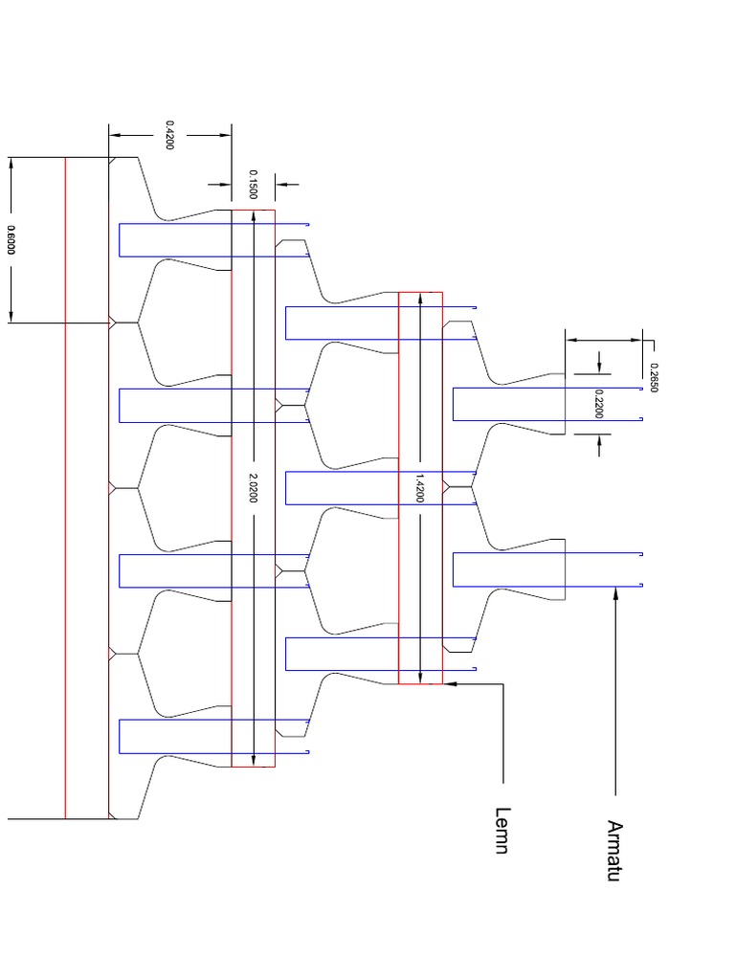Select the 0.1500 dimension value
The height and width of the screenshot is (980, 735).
click(253, 185)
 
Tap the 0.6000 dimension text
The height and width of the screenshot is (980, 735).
click(11, 239)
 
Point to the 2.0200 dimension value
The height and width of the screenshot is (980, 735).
click(253, 487)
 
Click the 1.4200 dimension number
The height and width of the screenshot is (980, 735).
click(420, 487)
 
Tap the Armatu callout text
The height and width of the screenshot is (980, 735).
click(613, 850)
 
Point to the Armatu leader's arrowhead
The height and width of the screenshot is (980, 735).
click(615, 592)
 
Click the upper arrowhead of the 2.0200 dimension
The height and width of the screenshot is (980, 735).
click(253, 216)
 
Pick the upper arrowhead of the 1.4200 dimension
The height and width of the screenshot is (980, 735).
click(420, 299)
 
